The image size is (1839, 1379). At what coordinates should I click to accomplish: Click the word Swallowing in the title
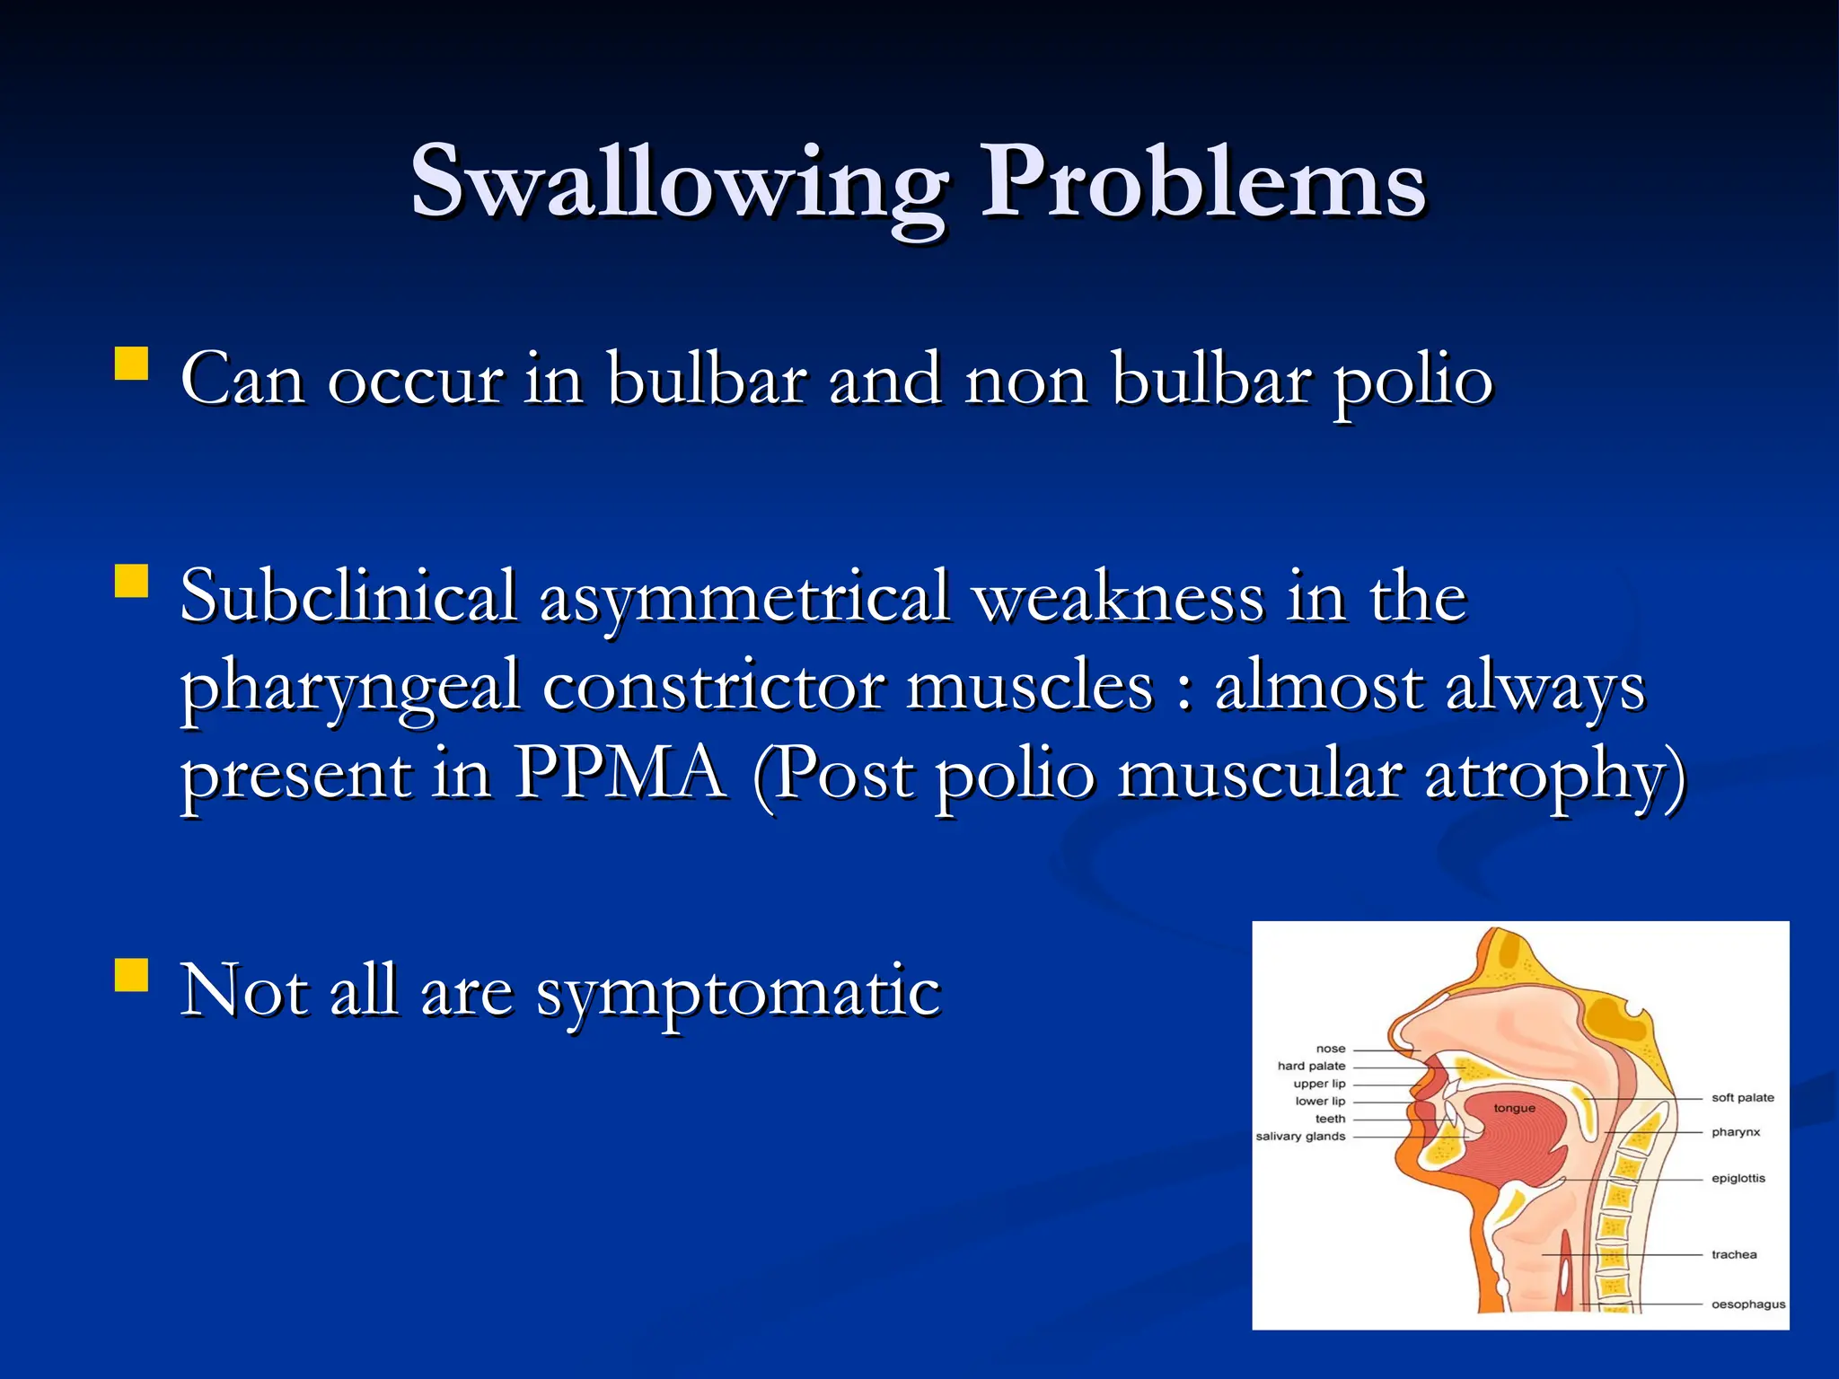[678, 184]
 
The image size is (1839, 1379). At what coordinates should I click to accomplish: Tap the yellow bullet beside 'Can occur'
[131, 365]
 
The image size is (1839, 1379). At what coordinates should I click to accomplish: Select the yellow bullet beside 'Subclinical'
[131, 581]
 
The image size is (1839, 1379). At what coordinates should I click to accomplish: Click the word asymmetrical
[744, 598]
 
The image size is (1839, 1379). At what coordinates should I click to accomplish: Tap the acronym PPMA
[620, 774]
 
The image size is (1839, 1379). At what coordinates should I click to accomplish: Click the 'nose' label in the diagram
[1331, 1049]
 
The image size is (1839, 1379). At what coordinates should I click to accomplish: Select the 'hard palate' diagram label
[1311, 1066]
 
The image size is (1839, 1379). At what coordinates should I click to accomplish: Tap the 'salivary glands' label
[1300, 1137]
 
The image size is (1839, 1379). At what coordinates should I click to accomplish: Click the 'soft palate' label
[1742, 1097]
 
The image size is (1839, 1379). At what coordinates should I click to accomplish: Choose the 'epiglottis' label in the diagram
[1738, 1178]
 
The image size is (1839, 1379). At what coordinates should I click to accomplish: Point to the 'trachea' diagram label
[1733, 1254]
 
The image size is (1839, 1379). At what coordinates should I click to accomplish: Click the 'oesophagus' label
[1747, 1304]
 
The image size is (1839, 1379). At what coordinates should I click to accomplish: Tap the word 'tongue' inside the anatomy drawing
[1514, 1108]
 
